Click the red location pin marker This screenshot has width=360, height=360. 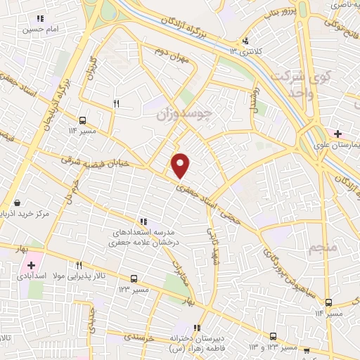181,165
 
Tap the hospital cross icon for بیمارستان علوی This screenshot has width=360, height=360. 339,134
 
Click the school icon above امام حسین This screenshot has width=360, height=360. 41,19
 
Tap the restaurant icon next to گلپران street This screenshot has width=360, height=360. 117,104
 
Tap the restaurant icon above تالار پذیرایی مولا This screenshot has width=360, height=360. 79,266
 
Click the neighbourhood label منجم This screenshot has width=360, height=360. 323,247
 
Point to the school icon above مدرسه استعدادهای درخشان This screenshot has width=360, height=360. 144,221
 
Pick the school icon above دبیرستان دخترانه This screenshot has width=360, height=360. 198,328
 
